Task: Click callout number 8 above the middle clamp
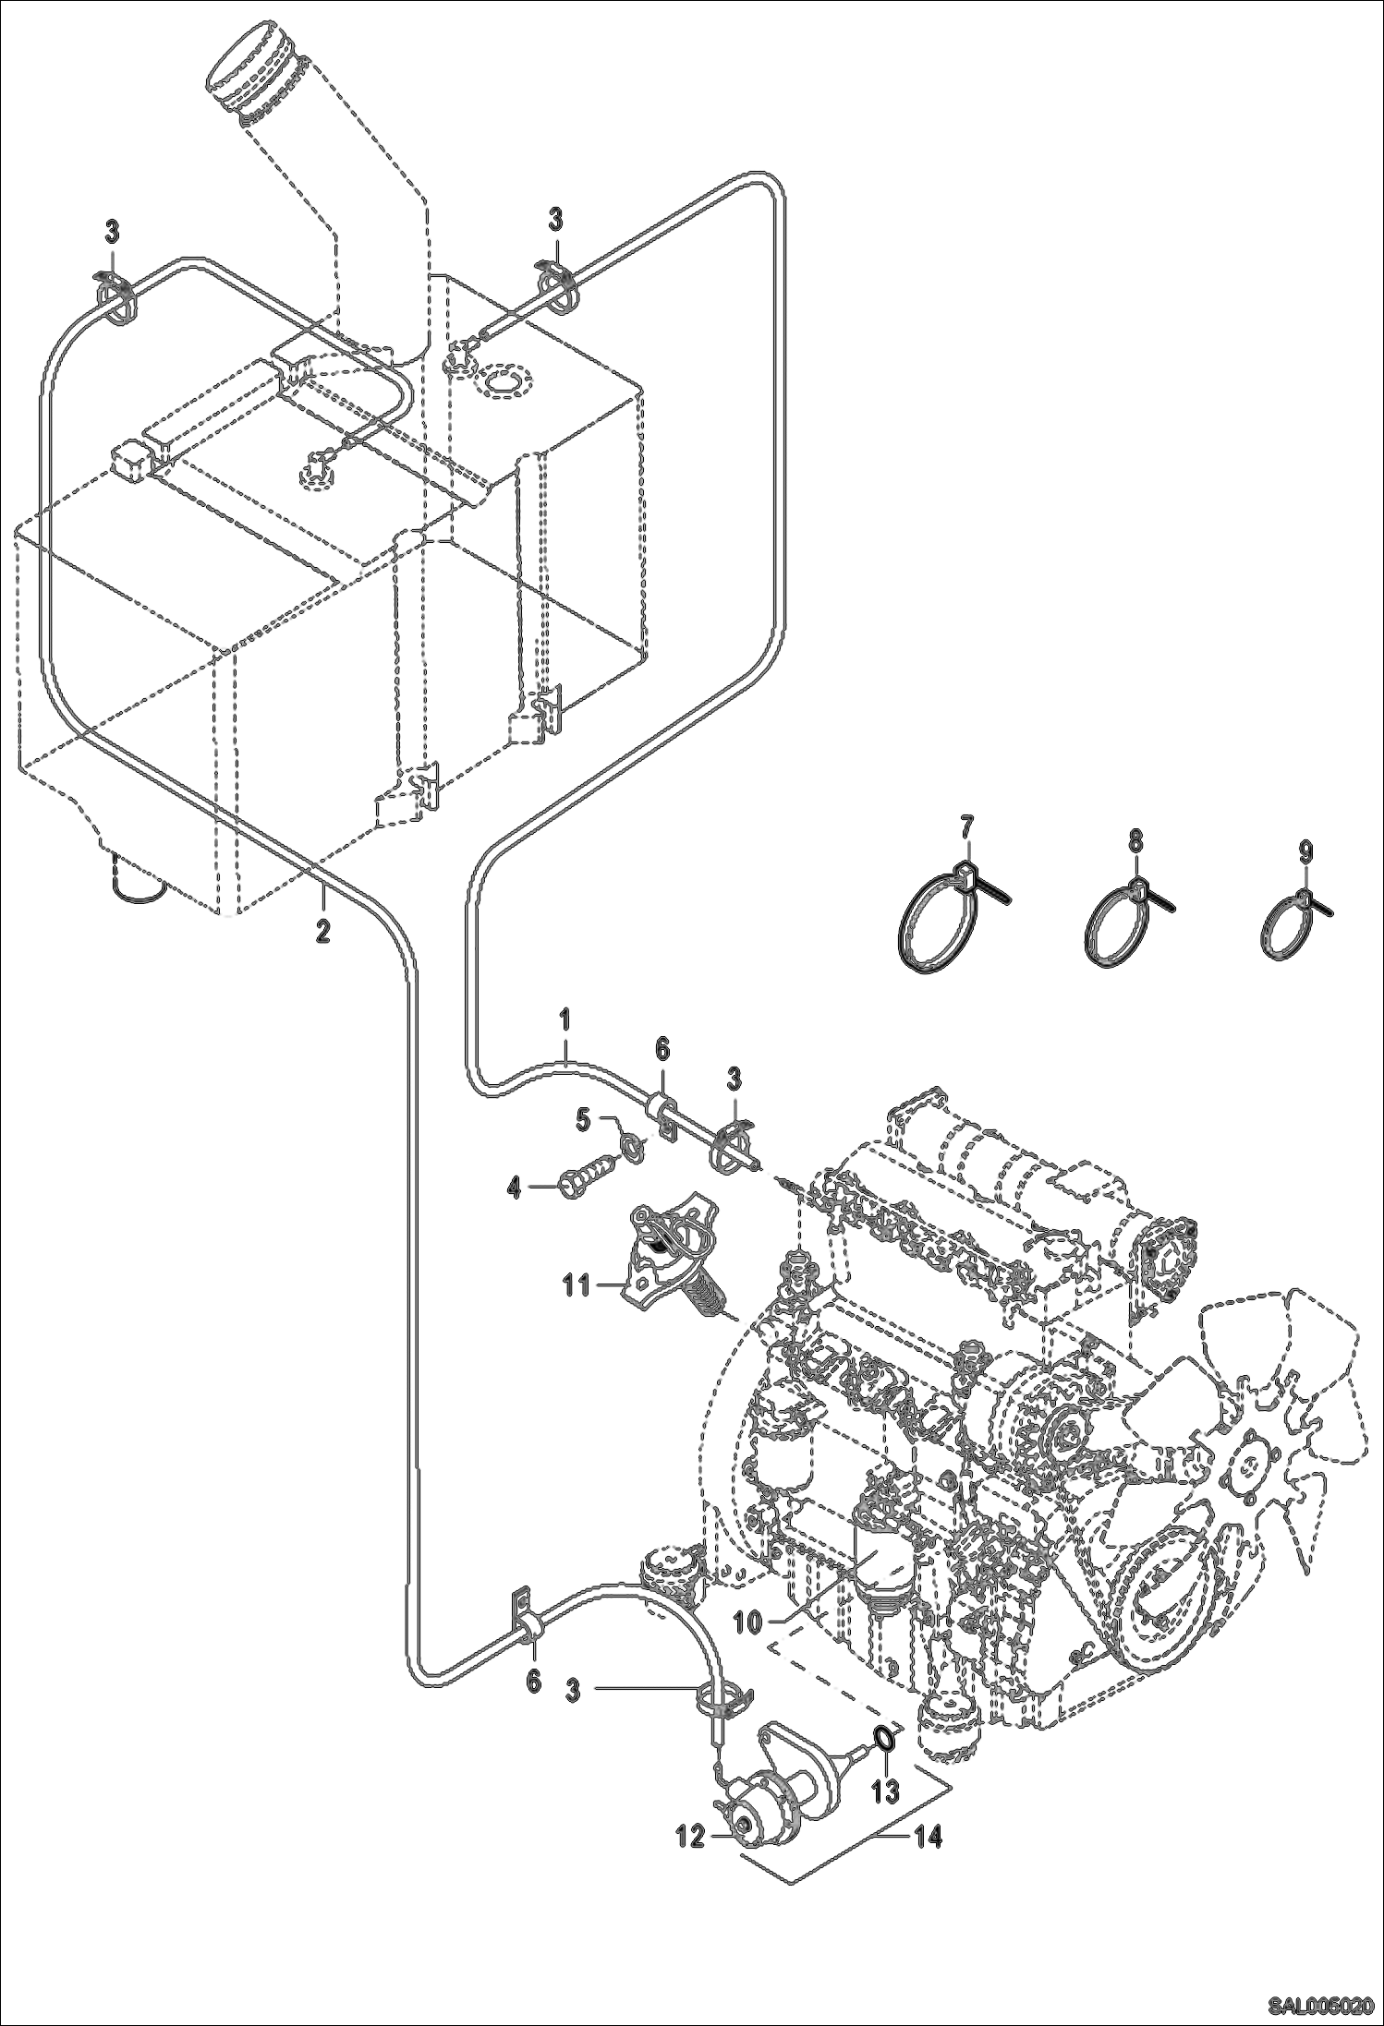point(1135,841)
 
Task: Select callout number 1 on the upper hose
point(565,1022)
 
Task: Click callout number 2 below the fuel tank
point(322,930)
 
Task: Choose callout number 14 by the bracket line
point(929,1838)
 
